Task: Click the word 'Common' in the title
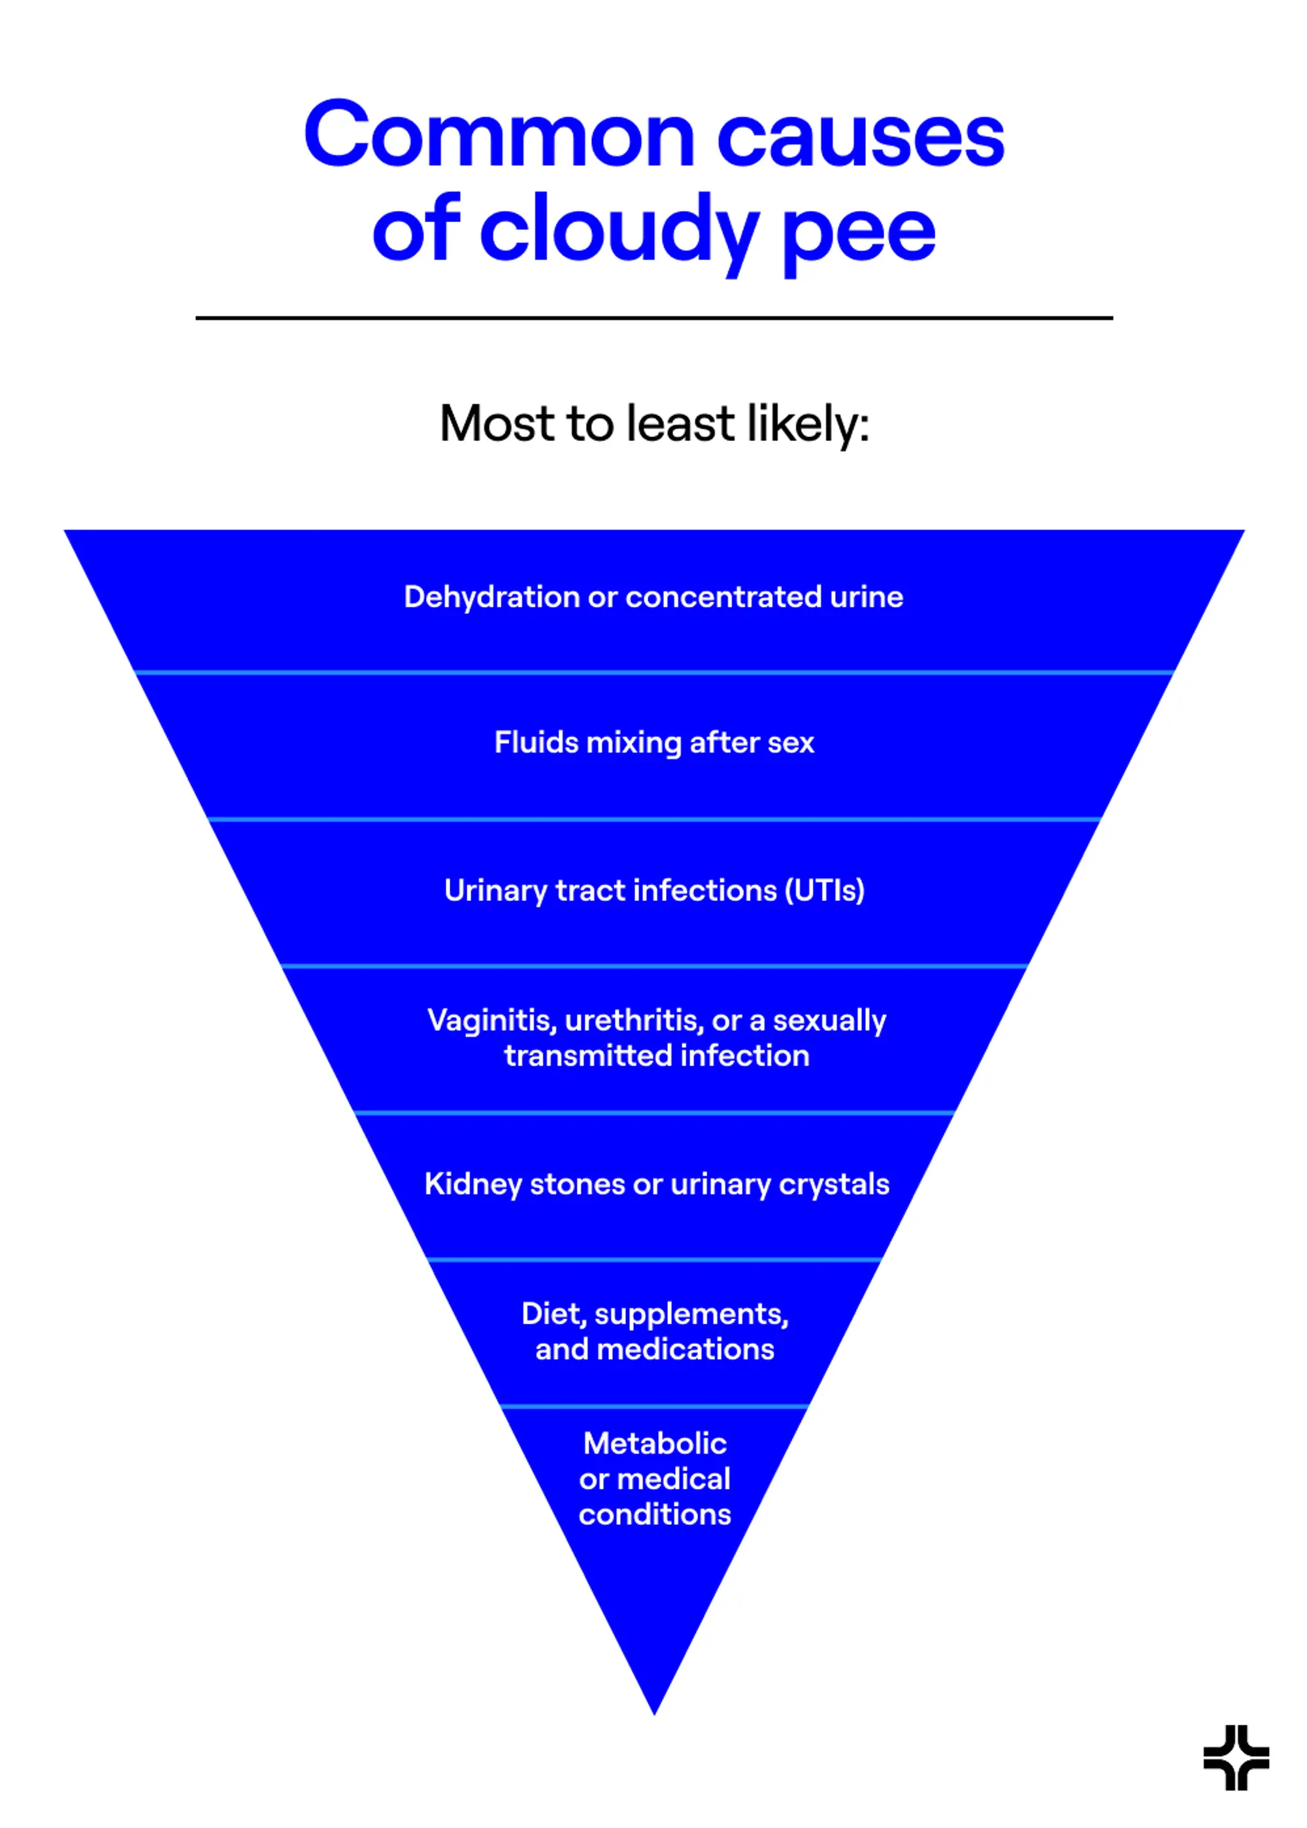tap(499, 135)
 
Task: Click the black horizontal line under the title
tap(653, 318)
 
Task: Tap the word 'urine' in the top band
tap(867, 598)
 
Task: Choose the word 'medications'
tap(686, 1349)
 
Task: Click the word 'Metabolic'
tap(655, 1443)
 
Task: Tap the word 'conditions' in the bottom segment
tap(655, 1514)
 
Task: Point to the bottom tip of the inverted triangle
tap(654, 1714)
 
